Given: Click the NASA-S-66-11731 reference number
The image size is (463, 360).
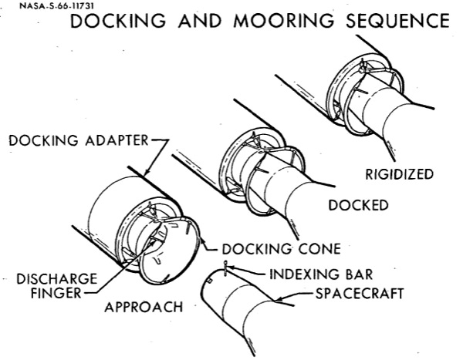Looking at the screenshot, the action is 56,6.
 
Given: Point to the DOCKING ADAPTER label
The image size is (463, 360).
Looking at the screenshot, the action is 79,140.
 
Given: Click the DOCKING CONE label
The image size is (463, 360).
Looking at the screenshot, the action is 282,249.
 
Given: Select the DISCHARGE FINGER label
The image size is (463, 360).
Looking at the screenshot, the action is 56,286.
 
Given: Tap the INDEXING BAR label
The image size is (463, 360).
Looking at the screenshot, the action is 321,274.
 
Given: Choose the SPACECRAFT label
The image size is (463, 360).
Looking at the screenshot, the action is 360,294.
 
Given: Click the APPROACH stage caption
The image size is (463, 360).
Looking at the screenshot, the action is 144,307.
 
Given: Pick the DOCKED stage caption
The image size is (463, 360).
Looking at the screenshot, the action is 358,205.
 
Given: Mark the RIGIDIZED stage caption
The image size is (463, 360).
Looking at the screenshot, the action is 399,174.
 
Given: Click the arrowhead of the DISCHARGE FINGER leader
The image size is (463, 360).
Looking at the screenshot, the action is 153,241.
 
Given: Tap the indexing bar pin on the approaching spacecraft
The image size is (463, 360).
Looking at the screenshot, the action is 226,268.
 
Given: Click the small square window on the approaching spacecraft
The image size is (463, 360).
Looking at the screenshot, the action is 209,281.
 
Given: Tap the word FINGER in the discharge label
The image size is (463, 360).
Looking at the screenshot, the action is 56,293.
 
